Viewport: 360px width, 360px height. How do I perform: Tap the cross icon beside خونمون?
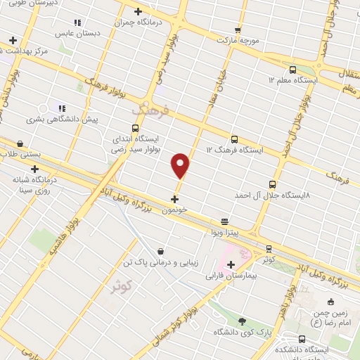[x=174, y=199]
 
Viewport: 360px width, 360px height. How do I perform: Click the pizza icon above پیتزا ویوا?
[x=224, y=221]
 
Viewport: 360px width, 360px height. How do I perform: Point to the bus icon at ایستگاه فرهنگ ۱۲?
[x=234, y=139]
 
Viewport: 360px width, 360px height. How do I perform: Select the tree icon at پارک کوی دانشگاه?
[x=243, y=321]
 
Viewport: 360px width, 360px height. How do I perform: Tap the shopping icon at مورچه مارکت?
[x=238, y=30]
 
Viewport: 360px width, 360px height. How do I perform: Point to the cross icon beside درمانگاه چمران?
[x=138, y=11]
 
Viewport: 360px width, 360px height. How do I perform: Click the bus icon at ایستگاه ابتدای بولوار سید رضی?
[x=135, y=128]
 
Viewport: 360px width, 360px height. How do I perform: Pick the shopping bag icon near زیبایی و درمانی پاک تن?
[x=161, y=250]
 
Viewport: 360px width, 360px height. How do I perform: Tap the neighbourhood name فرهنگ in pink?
[x=150, y=110]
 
